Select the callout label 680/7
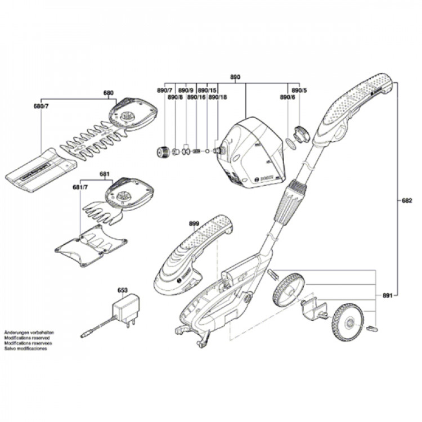pyautogui.click(x=41, y=106)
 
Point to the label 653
pyautogui.click(x=122, y=290)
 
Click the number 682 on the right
pyautogui.click(x=407, y=201)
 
